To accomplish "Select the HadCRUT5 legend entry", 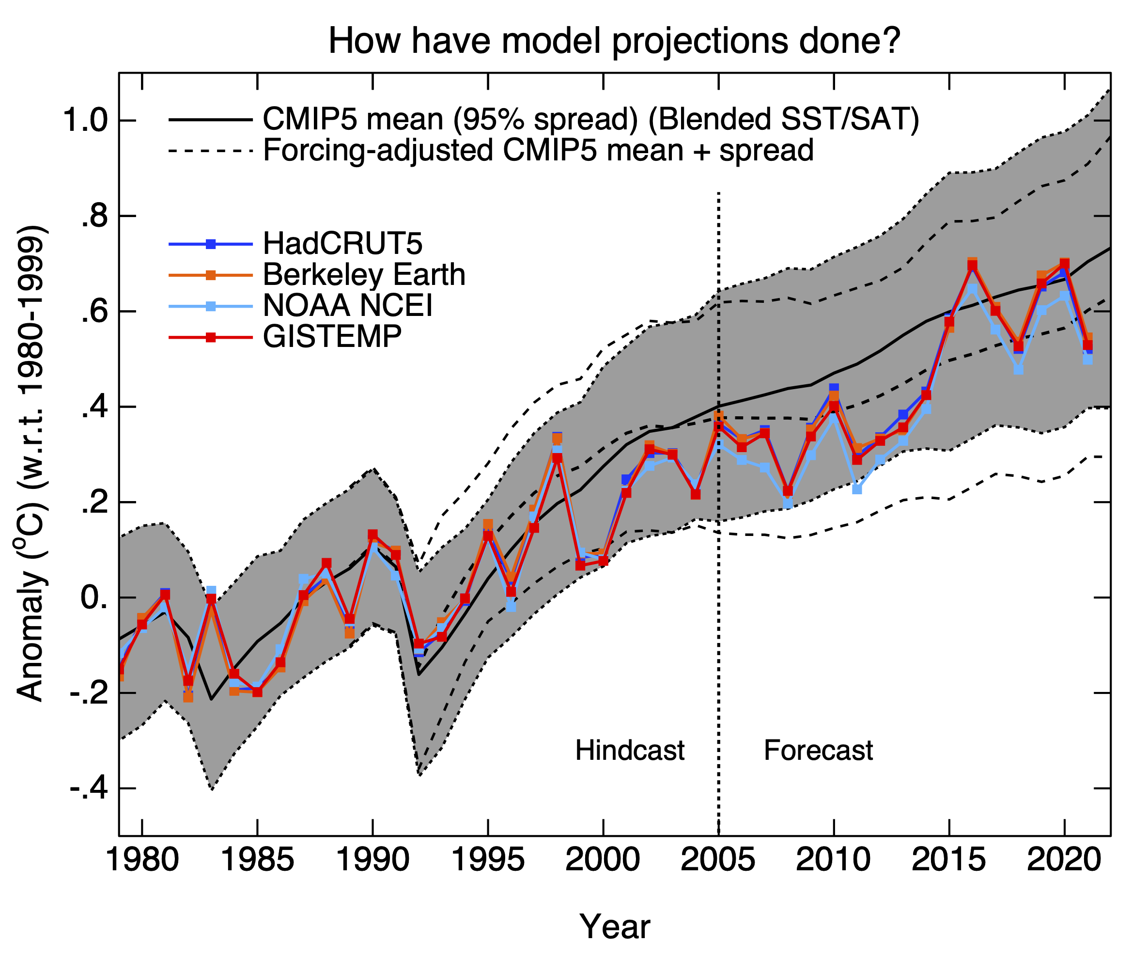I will tap(342, 243).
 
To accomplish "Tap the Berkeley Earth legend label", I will tap(364, 275).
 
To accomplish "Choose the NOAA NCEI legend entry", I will tap(347, 306).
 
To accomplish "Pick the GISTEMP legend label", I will tap(332, 337).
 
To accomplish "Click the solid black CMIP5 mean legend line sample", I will tap(211, 120).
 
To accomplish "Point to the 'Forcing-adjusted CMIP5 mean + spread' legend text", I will tap(538, 150).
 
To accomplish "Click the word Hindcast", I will tap(629, 751).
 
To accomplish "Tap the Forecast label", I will tap(818, 751).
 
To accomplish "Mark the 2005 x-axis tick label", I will tap(717, 861).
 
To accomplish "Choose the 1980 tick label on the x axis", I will tap(142, 861).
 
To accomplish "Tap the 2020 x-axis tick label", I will tap(1063, 861).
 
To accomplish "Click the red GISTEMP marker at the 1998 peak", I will tap(557, 458).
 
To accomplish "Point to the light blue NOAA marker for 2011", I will tap(857, 489).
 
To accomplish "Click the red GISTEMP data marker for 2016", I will tap(972, 266).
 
